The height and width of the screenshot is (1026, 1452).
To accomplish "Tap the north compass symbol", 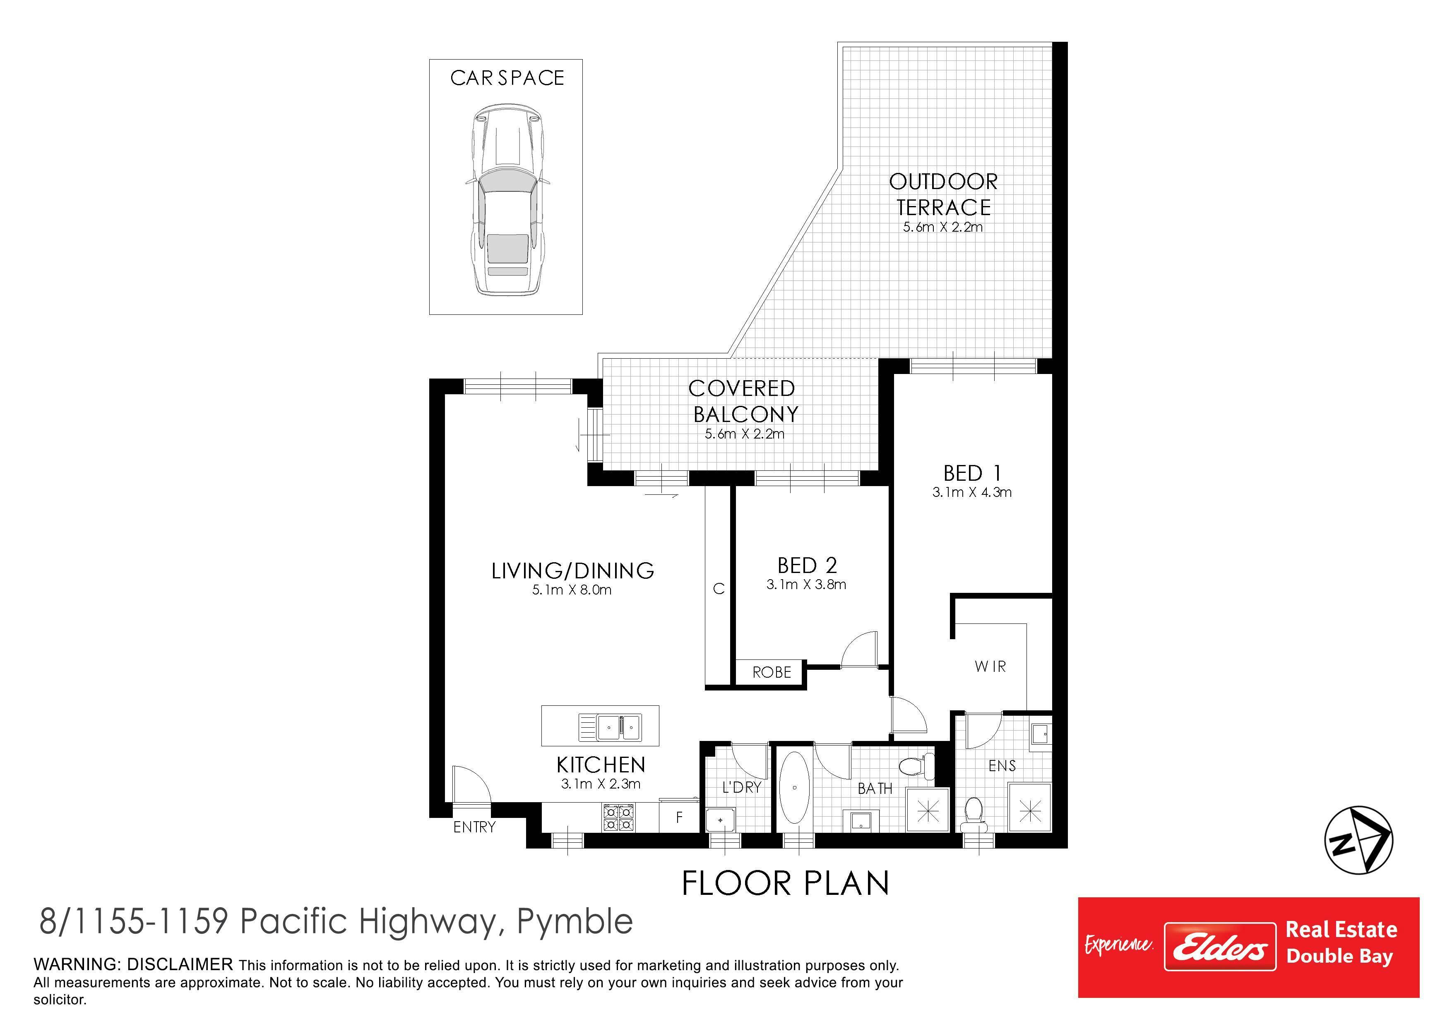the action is click(x=1358, y=841).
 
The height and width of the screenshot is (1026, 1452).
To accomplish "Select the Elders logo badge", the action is click(x=1220, y=946).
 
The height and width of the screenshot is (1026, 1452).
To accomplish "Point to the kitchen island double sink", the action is click(x=610, y=727).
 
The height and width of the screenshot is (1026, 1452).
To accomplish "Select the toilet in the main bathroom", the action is click(x=916, y=767).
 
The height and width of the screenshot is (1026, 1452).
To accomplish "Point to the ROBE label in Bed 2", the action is click(x=772, y=672).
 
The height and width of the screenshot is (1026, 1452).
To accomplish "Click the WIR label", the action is click(x=990, y=666).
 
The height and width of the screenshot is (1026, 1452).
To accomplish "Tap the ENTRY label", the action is click(x=474, y=827).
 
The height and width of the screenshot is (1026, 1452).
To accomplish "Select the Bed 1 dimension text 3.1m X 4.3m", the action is click(x=971, y=492).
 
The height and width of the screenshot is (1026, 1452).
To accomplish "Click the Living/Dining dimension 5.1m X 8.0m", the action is click(x=572, y=590).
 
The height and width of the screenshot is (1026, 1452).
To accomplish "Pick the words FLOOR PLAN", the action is click(x=786, y=883).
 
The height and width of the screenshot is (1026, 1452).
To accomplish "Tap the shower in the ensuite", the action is click(x=1029, y=807).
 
